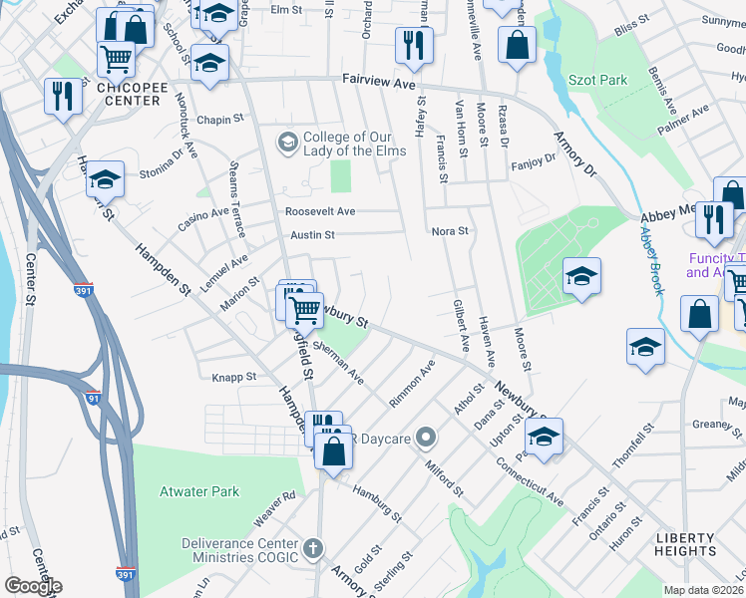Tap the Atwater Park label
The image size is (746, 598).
(199, 490)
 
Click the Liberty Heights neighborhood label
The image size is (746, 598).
(685, 543)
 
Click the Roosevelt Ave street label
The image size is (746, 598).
(320, 211)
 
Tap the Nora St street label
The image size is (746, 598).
(450, 231)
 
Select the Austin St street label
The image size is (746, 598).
(312, 235)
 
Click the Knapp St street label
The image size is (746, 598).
(234, 378)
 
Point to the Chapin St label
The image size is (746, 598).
(220, 121)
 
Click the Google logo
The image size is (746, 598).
(33, 586)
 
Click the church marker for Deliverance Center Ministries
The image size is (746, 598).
(313, 548)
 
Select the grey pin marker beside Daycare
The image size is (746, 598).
(427, 438)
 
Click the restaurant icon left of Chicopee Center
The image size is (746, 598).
(62, 97)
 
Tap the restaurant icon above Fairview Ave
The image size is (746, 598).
(413, 45)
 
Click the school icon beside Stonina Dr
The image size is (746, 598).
(105, 179)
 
